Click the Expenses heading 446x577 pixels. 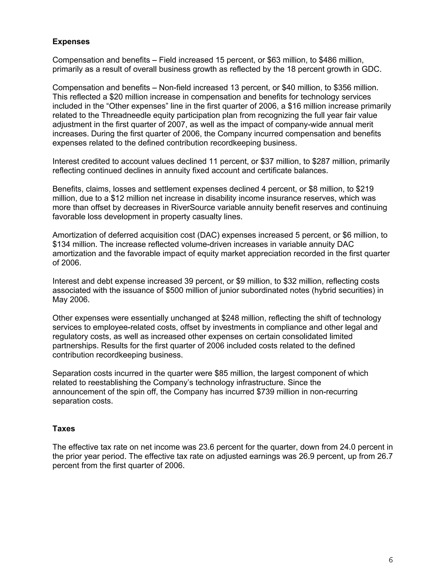point(71,42)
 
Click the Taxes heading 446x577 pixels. point(64,429)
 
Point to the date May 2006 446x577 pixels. point(71,300)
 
